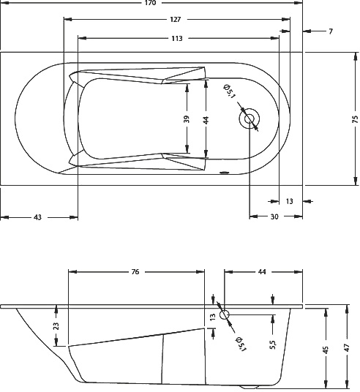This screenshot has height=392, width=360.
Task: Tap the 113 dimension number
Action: point(176,37)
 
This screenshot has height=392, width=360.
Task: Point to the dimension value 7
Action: point(331,31)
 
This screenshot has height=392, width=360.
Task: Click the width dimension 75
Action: point(355,118)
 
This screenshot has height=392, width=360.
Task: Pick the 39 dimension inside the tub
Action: point(187,118)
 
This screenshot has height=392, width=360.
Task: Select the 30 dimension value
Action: point(274,216)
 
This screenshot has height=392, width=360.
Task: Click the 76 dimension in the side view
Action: point(135,272)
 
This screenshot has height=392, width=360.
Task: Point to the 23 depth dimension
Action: point(56,326)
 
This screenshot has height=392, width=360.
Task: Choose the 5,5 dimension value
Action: point(273,343)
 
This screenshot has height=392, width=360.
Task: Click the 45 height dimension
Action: point(326,350)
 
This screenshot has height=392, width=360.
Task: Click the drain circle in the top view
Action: point(250,118)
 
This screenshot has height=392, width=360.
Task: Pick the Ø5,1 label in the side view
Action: point(239,342)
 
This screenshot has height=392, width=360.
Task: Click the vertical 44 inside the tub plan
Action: point(206,118)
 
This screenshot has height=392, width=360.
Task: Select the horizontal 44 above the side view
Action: point(261,272)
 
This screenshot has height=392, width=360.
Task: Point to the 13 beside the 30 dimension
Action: point(290,201)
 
